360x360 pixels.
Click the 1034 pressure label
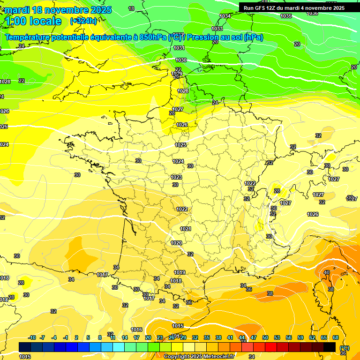225,16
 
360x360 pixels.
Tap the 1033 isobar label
217,29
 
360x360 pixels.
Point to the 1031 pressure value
179,48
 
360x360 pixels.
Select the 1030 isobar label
181,60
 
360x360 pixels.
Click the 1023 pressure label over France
176,177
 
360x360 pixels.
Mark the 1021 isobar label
186,229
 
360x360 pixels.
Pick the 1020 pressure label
176,243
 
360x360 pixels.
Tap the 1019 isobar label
180,272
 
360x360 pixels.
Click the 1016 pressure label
137,330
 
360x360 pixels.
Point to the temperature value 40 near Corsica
327,272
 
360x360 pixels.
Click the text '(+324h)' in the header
83,21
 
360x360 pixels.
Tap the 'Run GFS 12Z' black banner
294,8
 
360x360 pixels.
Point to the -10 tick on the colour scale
32,337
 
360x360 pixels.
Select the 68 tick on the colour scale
336,337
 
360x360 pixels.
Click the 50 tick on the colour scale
265,337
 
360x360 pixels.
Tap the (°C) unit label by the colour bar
344,348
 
